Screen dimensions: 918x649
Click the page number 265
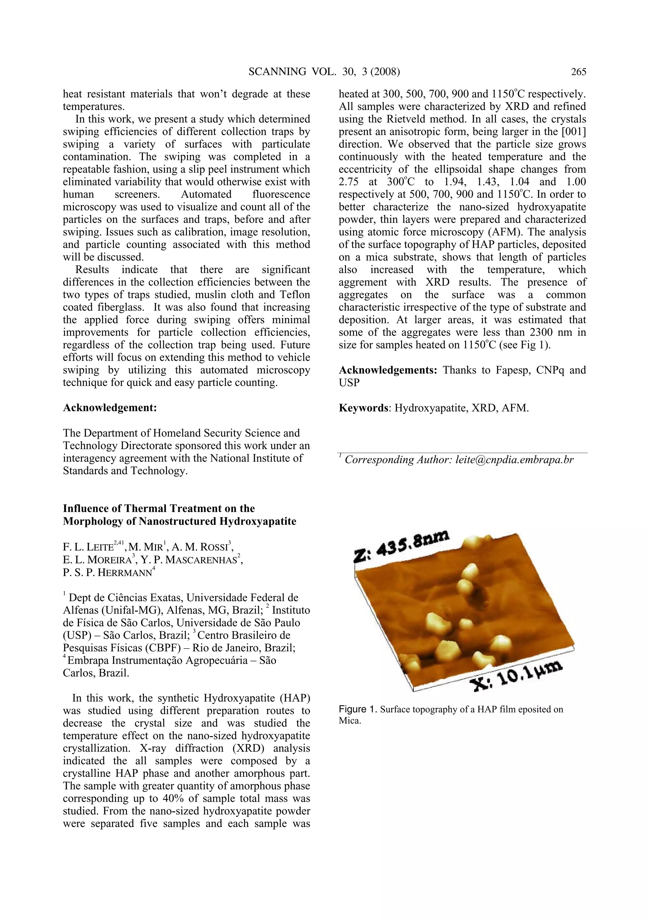(x=578, y=72)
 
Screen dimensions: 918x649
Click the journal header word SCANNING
(x=277, y=72)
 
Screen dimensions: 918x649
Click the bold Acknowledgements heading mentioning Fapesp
(x=388, y=370)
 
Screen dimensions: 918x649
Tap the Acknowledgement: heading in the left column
(x=110, y=408)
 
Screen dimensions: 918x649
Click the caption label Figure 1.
(x=358, y=709)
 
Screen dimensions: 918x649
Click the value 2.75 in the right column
(x=351, y=182)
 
